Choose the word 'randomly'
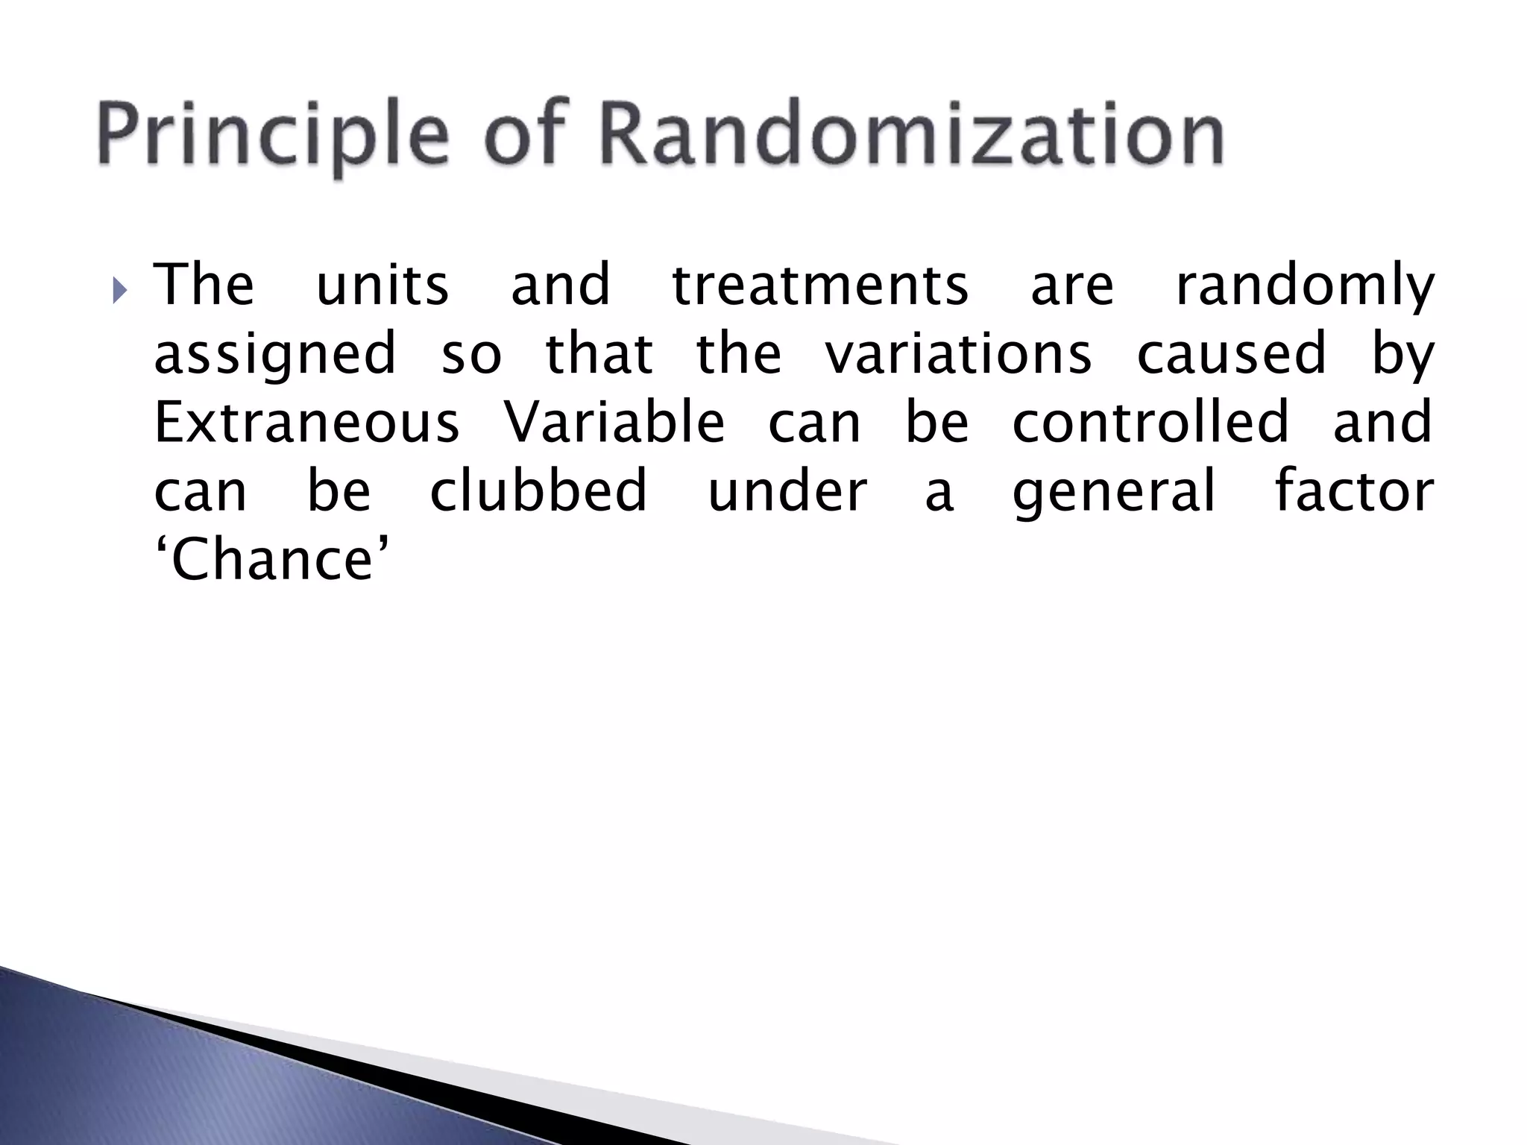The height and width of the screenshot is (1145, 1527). click(x=1304, y=287)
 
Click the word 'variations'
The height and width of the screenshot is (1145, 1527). click(x=958, y=354)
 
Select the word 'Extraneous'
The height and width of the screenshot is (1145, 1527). click(x=306, y=423)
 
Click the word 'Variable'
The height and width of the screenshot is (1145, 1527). click(x=614, y=423)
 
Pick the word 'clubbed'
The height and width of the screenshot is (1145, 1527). click(x=538, y=491)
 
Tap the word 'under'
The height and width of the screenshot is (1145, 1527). click(x=787, y=492)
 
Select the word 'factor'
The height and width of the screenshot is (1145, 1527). click(x=1354, y=491)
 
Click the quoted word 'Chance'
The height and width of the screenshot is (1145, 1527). click(x=272, y=561)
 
